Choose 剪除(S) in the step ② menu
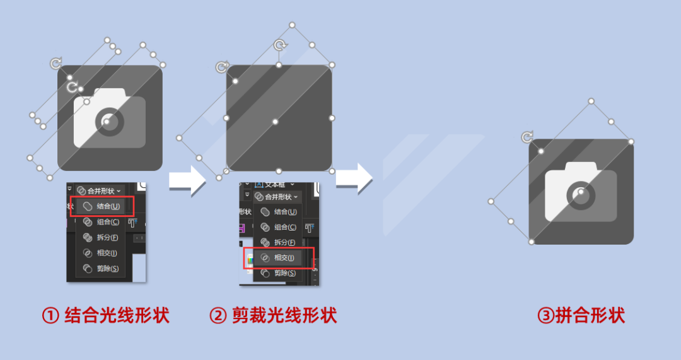[x=278, y=273]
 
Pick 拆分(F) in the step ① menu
[x=101, y=237]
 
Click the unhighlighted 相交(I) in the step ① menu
[x=101, y=253]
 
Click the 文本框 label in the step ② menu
[x=274, y=184]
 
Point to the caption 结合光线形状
[x=117, y=315]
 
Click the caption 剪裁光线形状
[x=284, y=315]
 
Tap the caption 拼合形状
[x=590, y=315]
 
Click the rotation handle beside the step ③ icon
[x=527, y=137]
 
